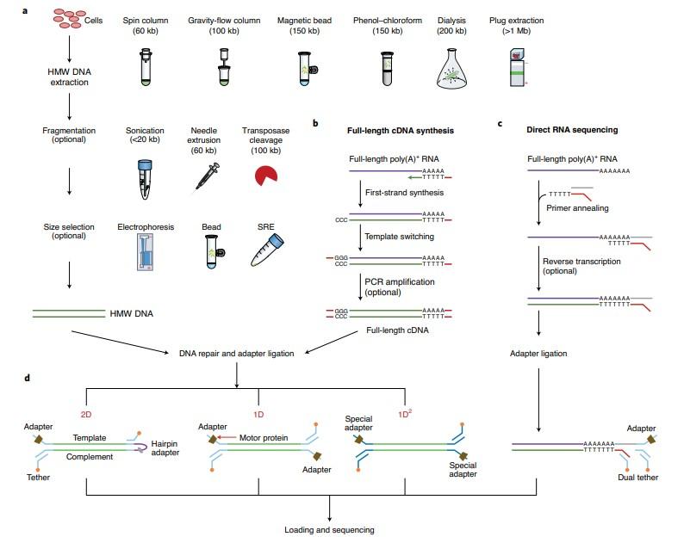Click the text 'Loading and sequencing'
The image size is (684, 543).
pos(328,530)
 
